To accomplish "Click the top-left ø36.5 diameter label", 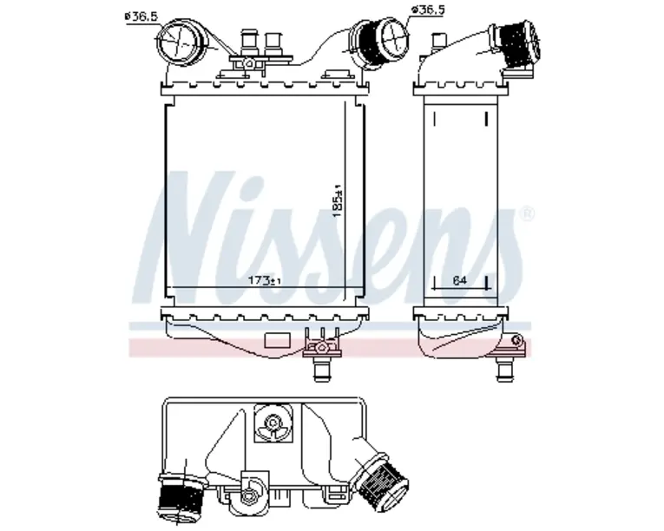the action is (x=141, y=16).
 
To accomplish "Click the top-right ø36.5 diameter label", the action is (x=428, y=10).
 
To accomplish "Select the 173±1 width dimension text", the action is (x=265, y=280).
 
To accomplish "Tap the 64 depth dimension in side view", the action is (x=459, y=280).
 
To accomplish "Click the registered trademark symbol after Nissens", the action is (x=527, y=213).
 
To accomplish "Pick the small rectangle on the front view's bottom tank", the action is (x=277, y=340).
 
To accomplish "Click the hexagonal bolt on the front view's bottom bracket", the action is (x=322, y=348).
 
